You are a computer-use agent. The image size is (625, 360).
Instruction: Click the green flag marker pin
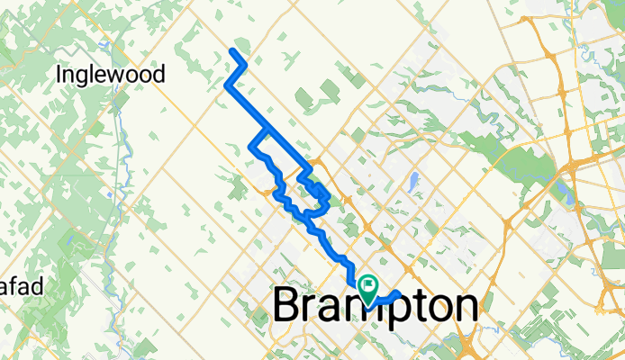[x=369, y=287]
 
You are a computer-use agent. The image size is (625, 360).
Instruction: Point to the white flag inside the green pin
[x=369, y=284]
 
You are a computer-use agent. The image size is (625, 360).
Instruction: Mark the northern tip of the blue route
[x=235, y=50]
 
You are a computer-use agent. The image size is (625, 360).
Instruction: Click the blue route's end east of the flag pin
[x=397, y=293]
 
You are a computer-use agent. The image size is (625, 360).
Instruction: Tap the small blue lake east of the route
[x=412, y=184]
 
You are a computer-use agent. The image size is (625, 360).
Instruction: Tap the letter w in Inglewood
[x=133, y=75]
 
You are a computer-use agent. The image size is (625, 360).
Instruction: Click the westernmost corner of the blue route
[x=225, y=86]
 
